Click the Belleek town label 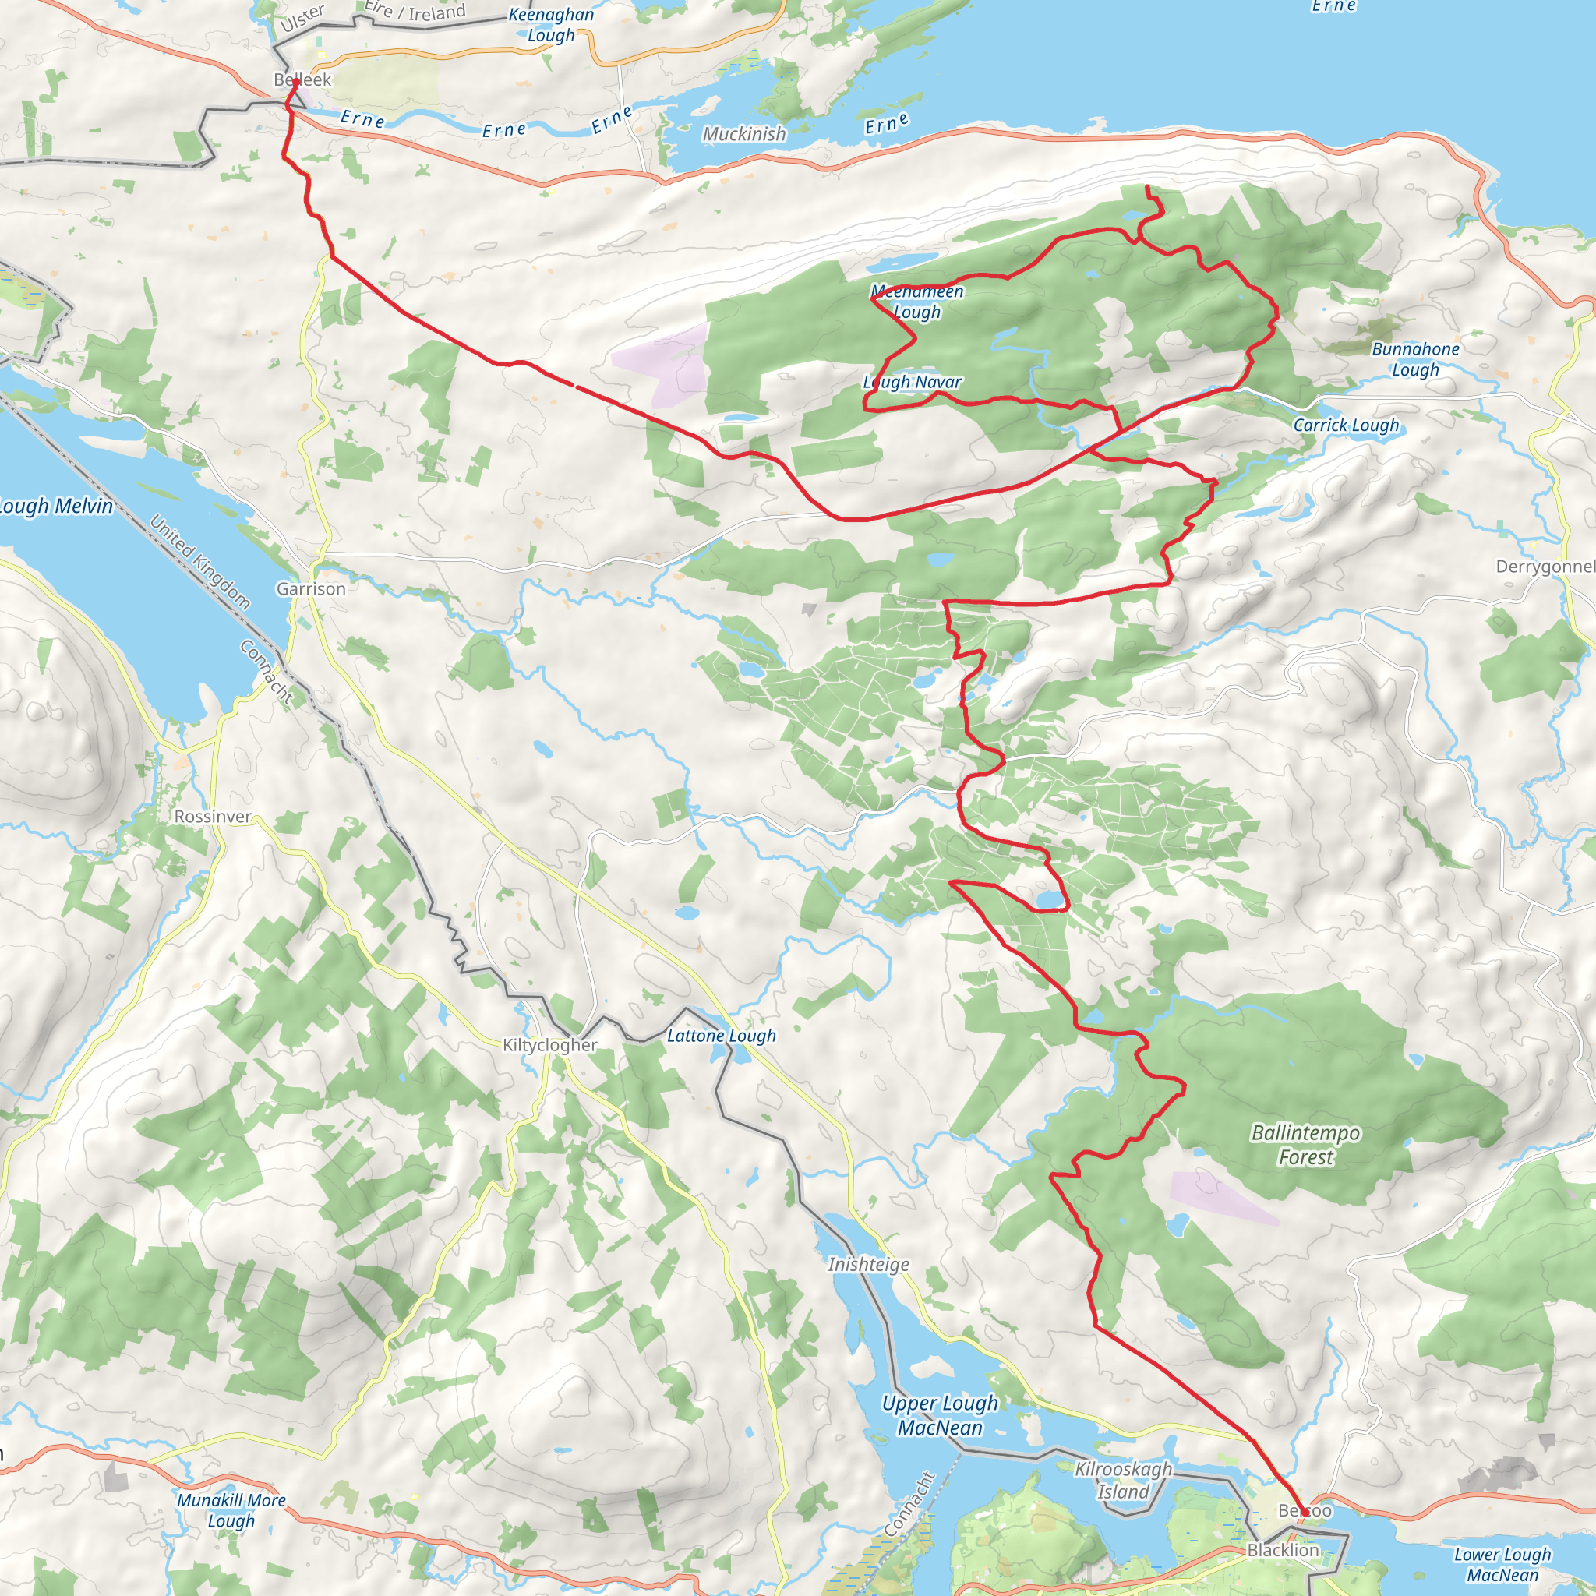click(302, 80)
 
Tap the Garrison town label click(311, 589)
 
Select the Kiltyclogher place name click(549, 1045)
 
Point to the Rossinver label click(212, 817)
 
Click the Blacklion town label click(1283, 1551)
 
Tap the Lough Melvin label click(54, 507)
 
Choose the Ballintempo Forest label click(1305, 1145)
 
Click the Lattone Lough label click(721, 1036)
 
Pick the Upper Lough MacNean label click(940, 1415)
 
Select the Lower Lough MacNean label click(1502, 1565)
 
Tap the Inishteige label click(868, 1265)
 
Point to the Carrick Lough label click(1346, 425)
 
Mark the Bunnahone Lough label click(1415, 359)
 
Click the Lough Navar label click(912, 383)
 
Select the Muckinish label click(743, 134)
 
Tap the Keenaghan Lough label click(550, 25)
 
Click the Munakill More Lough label click(231, 1510)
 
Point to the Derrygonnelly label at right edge click(1545, 567)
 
